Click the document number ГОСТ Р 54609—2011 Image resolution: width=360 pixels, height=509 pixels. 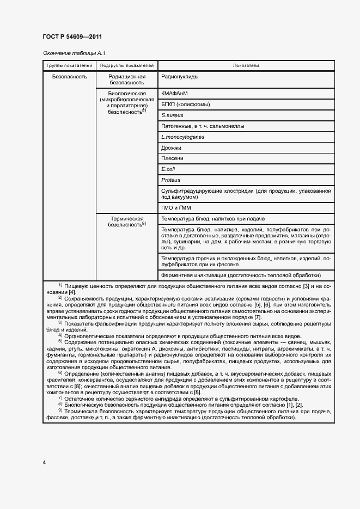72,36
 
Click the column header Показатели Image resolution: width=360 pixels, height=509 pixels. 246,65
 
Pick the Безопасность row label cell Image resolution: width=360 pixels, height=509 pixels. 69,77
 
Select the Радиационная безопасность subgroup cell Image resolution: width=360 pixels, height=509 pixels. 127,79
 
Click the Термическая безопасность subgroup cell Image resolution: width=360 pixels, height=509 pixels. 127,221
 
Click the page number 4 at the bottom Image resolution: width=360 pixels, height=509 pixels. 44,462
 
